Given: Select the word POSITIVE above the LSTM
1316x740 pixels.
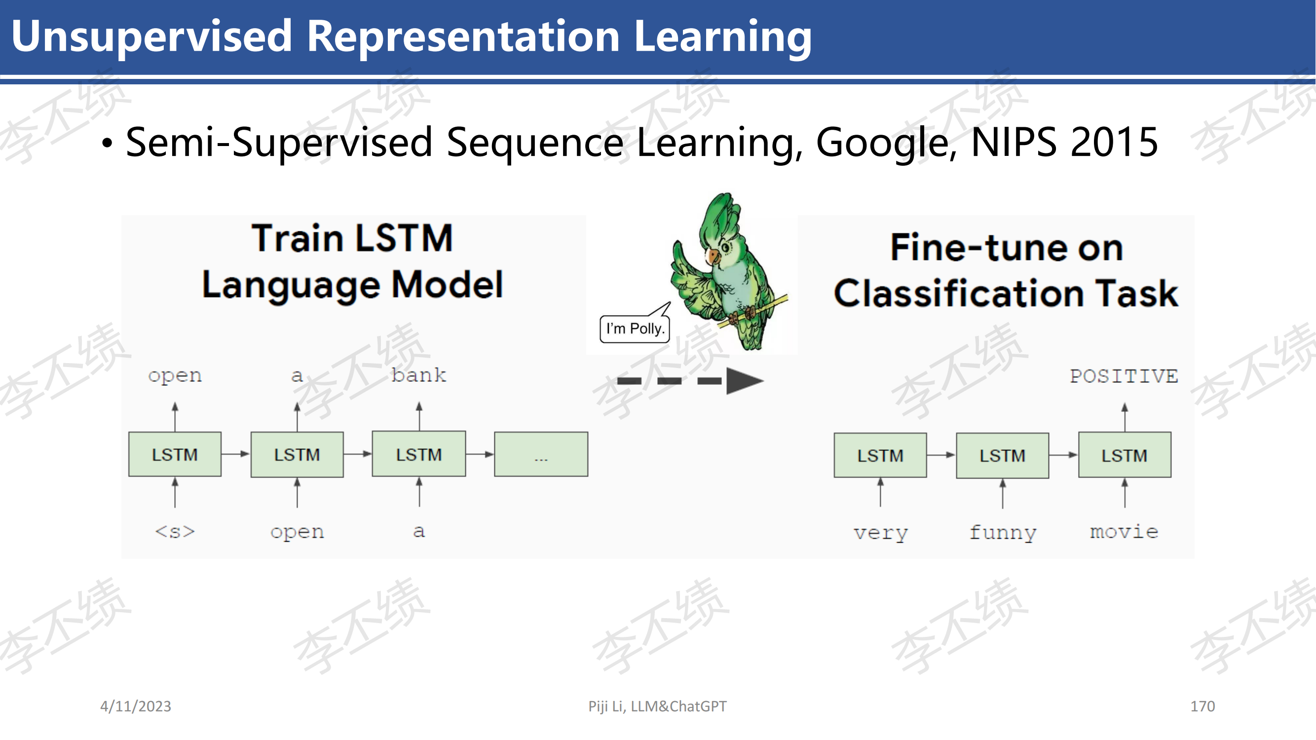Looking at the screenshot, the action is (1124, 376).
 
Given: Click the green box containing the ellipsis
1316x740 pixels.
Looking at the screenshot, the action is (541, 454).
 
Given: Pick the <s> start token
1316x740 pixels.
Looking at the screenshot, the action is (175, 532).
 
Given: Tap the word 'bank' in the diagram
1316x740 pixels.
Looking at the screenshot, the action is (419, 375).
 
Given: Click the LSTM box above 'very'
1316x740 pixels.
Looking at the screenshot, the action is (880, 455).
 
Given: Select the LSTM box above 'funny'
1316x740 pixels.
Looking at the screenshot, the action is (1002, 455).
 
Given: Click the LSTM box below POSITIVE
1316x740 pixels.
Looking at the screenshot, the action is (1125, 455).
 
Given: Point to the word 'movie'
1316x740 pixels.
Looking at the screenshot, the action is (1124, 532).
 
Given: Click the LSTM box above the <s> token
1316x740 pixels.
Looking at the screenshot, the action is (175, 454).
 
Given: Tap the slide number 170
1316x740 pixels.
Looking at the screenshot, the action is (1203, 706).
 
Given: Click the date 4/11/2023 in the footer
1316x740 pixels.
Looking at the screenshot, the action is (135, 706).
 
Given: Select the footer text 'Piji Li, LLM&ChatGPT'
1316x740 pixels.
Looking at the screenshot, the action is (657, 706).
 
